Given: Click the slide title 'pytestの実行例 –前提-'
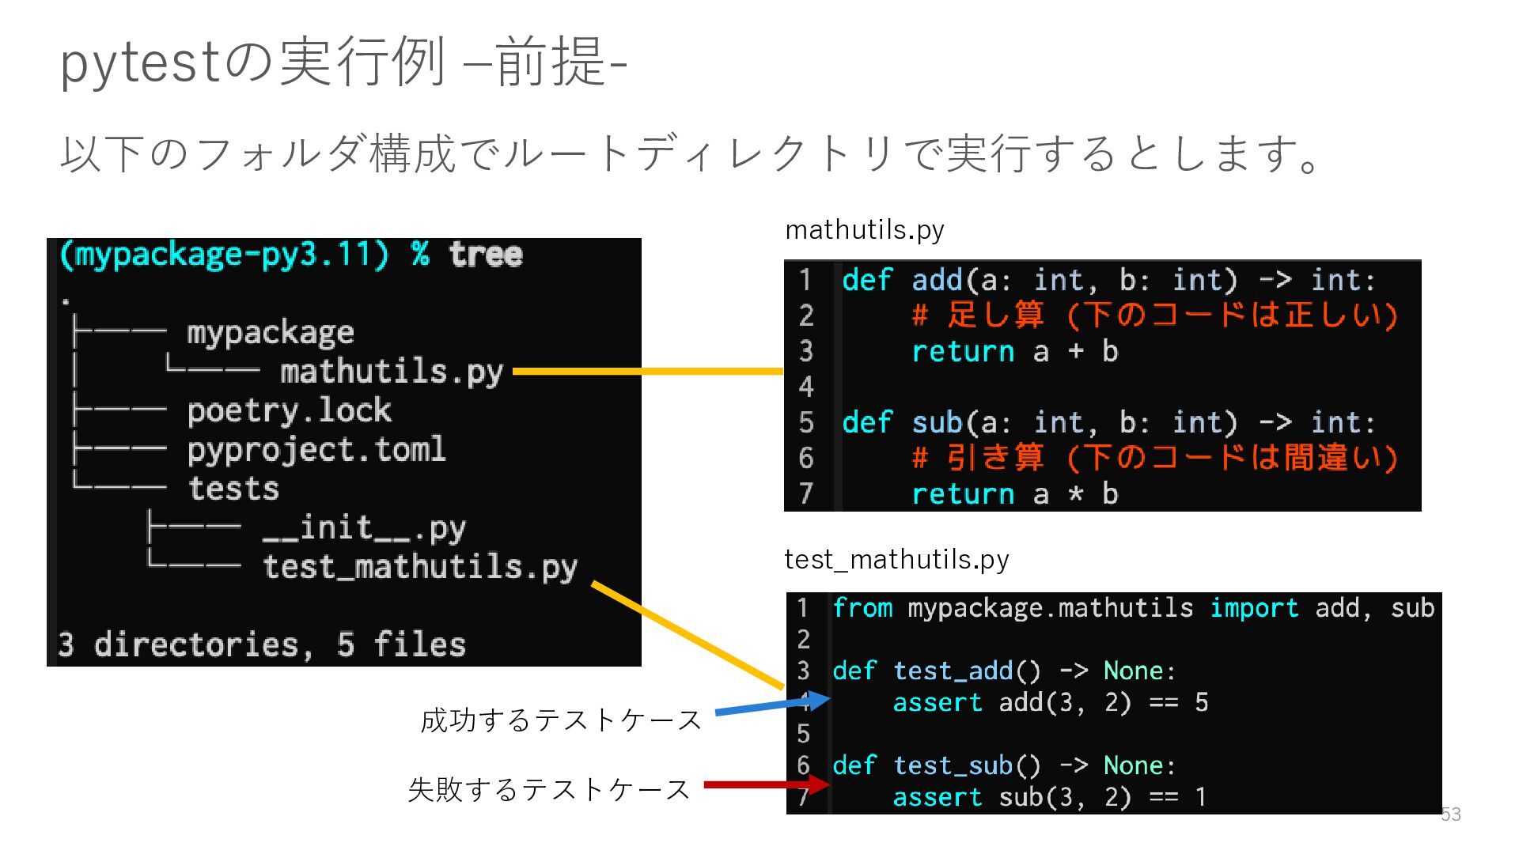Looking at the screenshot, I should (343, 62).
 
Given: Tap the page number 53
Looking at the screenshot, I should (1450, 814).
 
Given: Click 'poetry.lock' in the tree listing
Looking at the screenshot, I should (289, 410).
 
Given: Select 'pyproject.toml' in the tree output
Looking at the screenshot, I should (316, 450).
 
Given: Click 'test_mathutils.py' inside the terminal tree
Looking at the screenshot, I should (420, 567).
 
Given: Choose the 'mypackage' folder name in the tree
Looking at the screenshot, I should (270, 333).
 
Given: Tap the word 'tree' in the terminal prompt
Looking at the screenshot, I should (486, 255).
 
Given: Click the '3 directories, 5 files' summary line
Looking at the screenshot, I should (262, 644).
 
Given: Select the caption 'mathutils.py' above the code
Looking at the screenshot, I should (864, 230).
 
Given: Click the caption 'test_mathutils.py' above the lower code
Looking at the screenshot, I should (896, 560).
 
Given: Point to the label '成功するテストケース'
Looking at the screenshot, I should (561, 720).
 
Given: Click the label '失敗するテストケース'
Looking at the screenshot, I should (549, 789).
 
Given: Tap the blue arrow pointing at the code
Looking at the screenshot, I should (771, 705).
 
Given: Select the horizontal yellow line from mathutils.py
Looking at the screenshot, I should (647, 371).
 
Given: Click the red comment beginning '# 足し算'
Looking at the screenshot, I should (1154, 316).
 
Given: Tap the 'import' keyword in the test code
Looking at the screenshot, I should (1254, 608).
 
